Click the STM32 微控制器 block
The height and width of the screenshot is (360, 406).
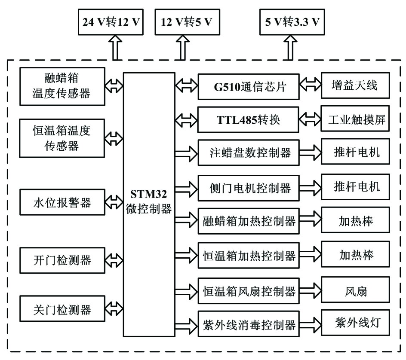tap(149, 204)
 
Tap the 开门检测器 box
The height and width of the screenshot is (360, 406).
tap(62, 260)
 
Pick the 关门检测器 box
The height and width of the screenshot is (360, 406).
tap(62, 308)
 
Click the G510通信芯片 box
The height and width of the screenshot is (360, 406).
tap(249, 86)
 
